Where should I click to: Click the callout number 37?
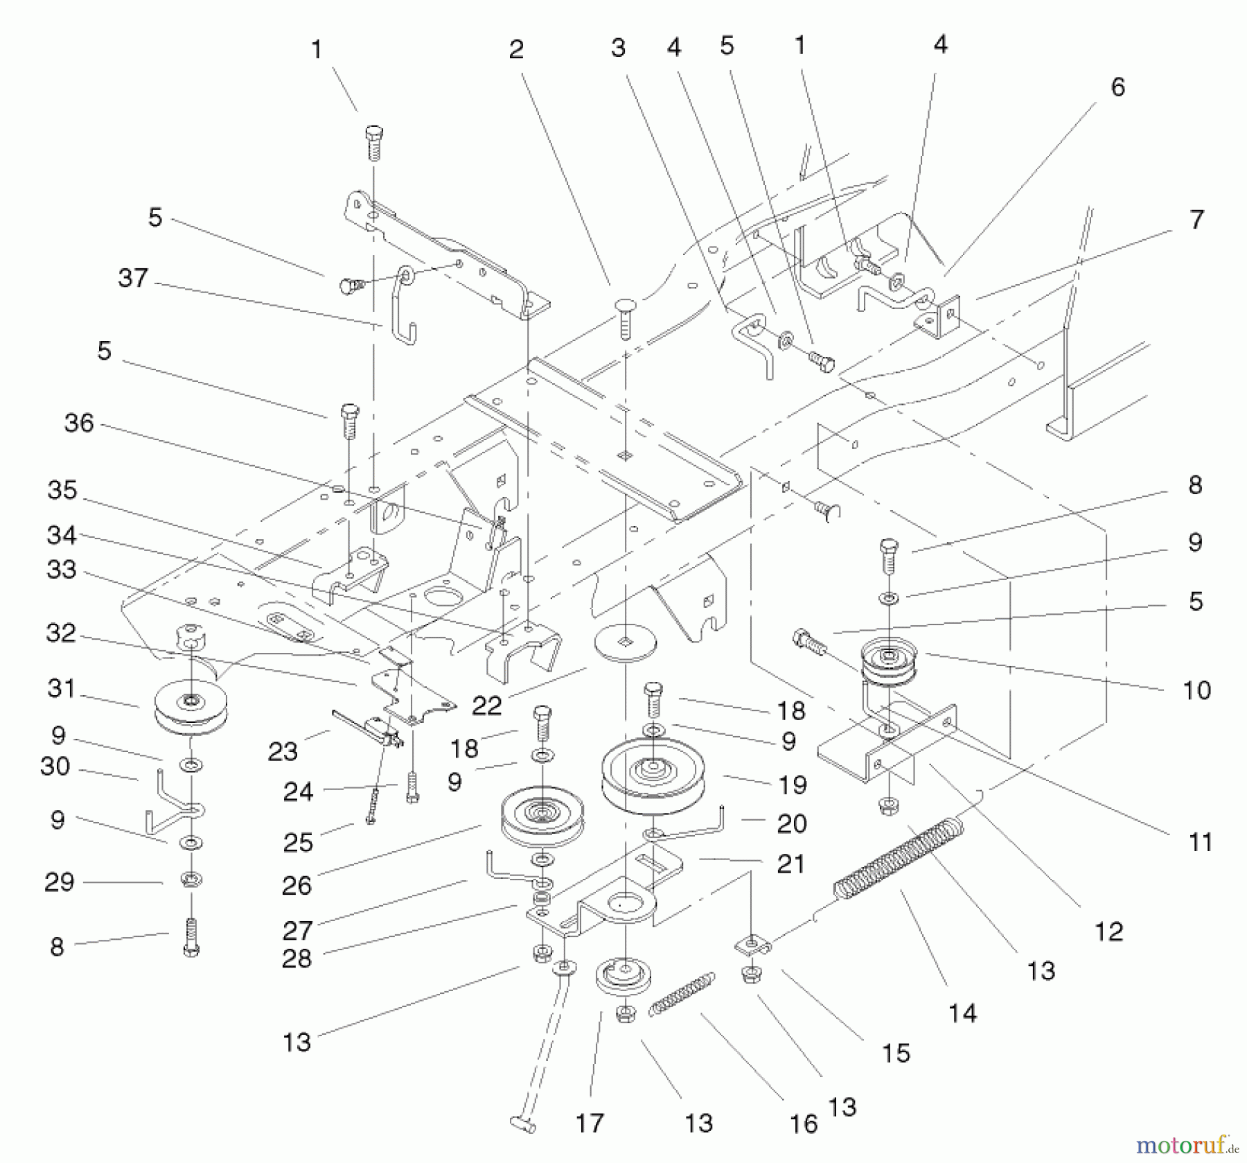click(133, 278)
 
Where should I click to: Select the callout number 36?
click(79, 423)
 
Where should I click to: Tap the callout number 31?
click(61, 688)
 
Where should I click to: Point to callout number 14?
click(962, 1013)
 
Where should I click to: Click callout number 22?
click(486, 706)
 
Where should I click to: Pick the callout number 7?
click(1196, 220)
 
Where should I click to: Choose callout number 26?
click(297, 885)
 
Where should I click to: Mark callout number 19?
click(793, 785)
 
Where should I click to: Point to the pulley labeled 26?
click(542, 816)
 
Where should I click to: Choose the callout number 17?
click(590, 1122)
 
